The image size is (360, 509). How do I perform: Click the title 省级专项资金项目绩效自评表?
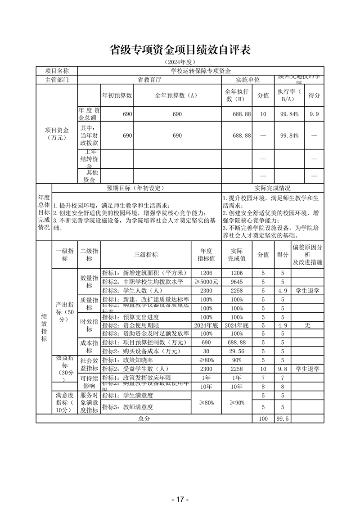pos(180,50)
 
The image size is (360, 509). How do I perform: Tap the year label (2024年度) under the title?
pos(180,62)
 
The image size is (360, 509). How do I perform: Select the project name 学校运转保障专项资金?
pos(201,71)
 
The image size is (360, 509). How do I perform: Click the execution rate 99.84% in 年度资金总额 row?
pos(289,114)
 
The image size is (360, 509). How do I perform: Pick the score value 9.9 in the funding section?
pos(314,114)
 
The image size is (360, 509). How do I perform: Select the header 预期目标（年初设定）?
pos(137,188)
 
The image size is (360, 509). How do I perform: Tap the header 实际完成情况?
pos(272,188)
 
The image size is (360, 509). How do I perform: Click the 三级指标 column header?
pos(146,255)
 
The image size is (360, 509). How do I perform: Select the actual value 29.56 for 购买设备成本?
pos(236,351)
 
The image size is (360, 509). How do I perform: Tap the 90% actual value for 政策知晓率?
pos(236,360)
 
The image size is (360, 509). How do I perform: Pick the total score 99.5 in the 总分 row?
pos(282,419)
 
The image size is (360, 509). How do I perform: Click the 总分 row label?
pos(144,419)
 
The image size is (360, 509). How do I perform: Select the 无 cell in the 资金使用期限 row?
pos(307,325)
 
